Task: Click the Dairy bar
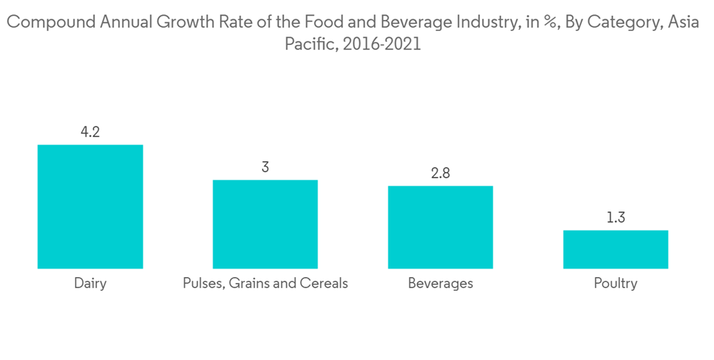(90, 206)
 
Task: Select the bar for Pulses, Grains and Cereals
(265, 224)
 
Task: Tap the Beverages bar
(441, 227)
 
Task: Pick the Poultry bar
(615, 249)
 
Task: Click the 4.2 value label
(90, 132)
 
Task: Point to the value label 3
(265, 167)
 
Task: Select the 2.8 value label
(441, 174)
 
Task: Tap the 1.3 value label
(615, 218)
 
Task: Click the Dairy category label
(90, 284)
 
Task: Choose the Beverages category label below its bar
(441, 284)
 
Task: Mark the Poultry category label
(615, 284)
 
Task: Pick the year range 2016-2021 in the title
(382, 44)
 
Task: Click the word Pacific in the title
(311, 44)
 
